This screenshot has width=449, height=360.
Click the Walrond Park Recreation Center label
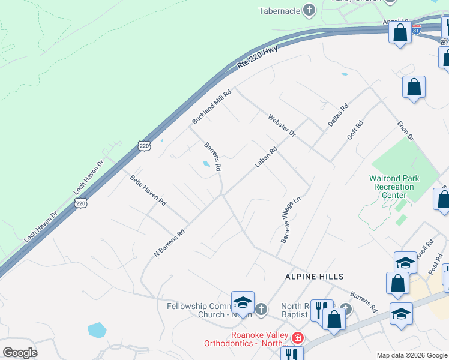[x=394, y=187]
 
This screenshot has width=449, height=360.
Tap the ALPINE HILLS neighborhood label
[x=314, y=277]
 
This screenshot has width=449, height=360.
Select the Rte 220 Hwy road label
[x=257, y=59]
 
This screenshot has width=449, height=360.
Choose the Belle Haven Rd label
[x=148, y=191]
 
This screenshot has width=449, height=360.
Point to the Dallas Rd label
[x=338, y=116]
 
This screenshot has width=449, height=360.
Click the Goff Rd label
[x=355, y=131]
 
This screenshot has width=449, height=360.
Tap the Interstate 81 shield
[x=417, y=29]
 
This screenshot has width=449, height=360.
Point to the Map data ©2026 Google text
[x=411, y=355]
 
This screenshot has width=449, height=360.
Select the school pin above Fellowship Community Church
[x=243, y=302]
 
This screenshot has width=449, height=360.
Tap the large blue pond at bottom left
[x=97, y=330]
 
